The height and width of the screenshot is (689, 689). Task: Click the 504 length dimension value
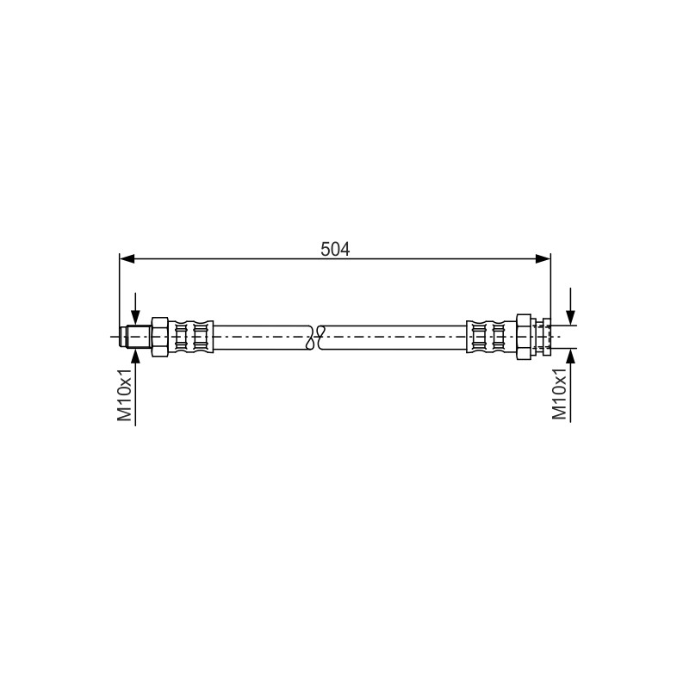pyautogui.click(x=335, y=250)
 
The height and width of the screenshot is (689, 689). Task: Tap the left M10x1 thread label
pyautogui.click(x=124, y=394)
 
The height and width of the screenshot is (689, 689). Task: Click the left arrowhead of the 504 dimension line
pyautogui.click(x=127, y=259)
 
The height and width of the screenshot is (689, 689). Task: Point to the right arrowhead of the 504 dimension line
pyautogui.click(x=543, y=259)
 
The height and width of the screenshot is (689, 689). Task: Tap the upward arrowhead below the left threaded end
pyautogui.click(x=135, y=356)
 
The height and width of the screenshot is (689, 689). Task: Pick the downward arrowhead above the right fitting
pyautogui.click(x=570, y=318)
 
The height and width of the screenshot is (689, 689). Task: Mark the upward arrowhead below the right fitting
pyautogui.click(x=570, y=357)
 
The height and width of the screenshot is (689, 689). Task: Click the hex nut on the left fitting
pyautogui.click(x=159, y=337)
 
